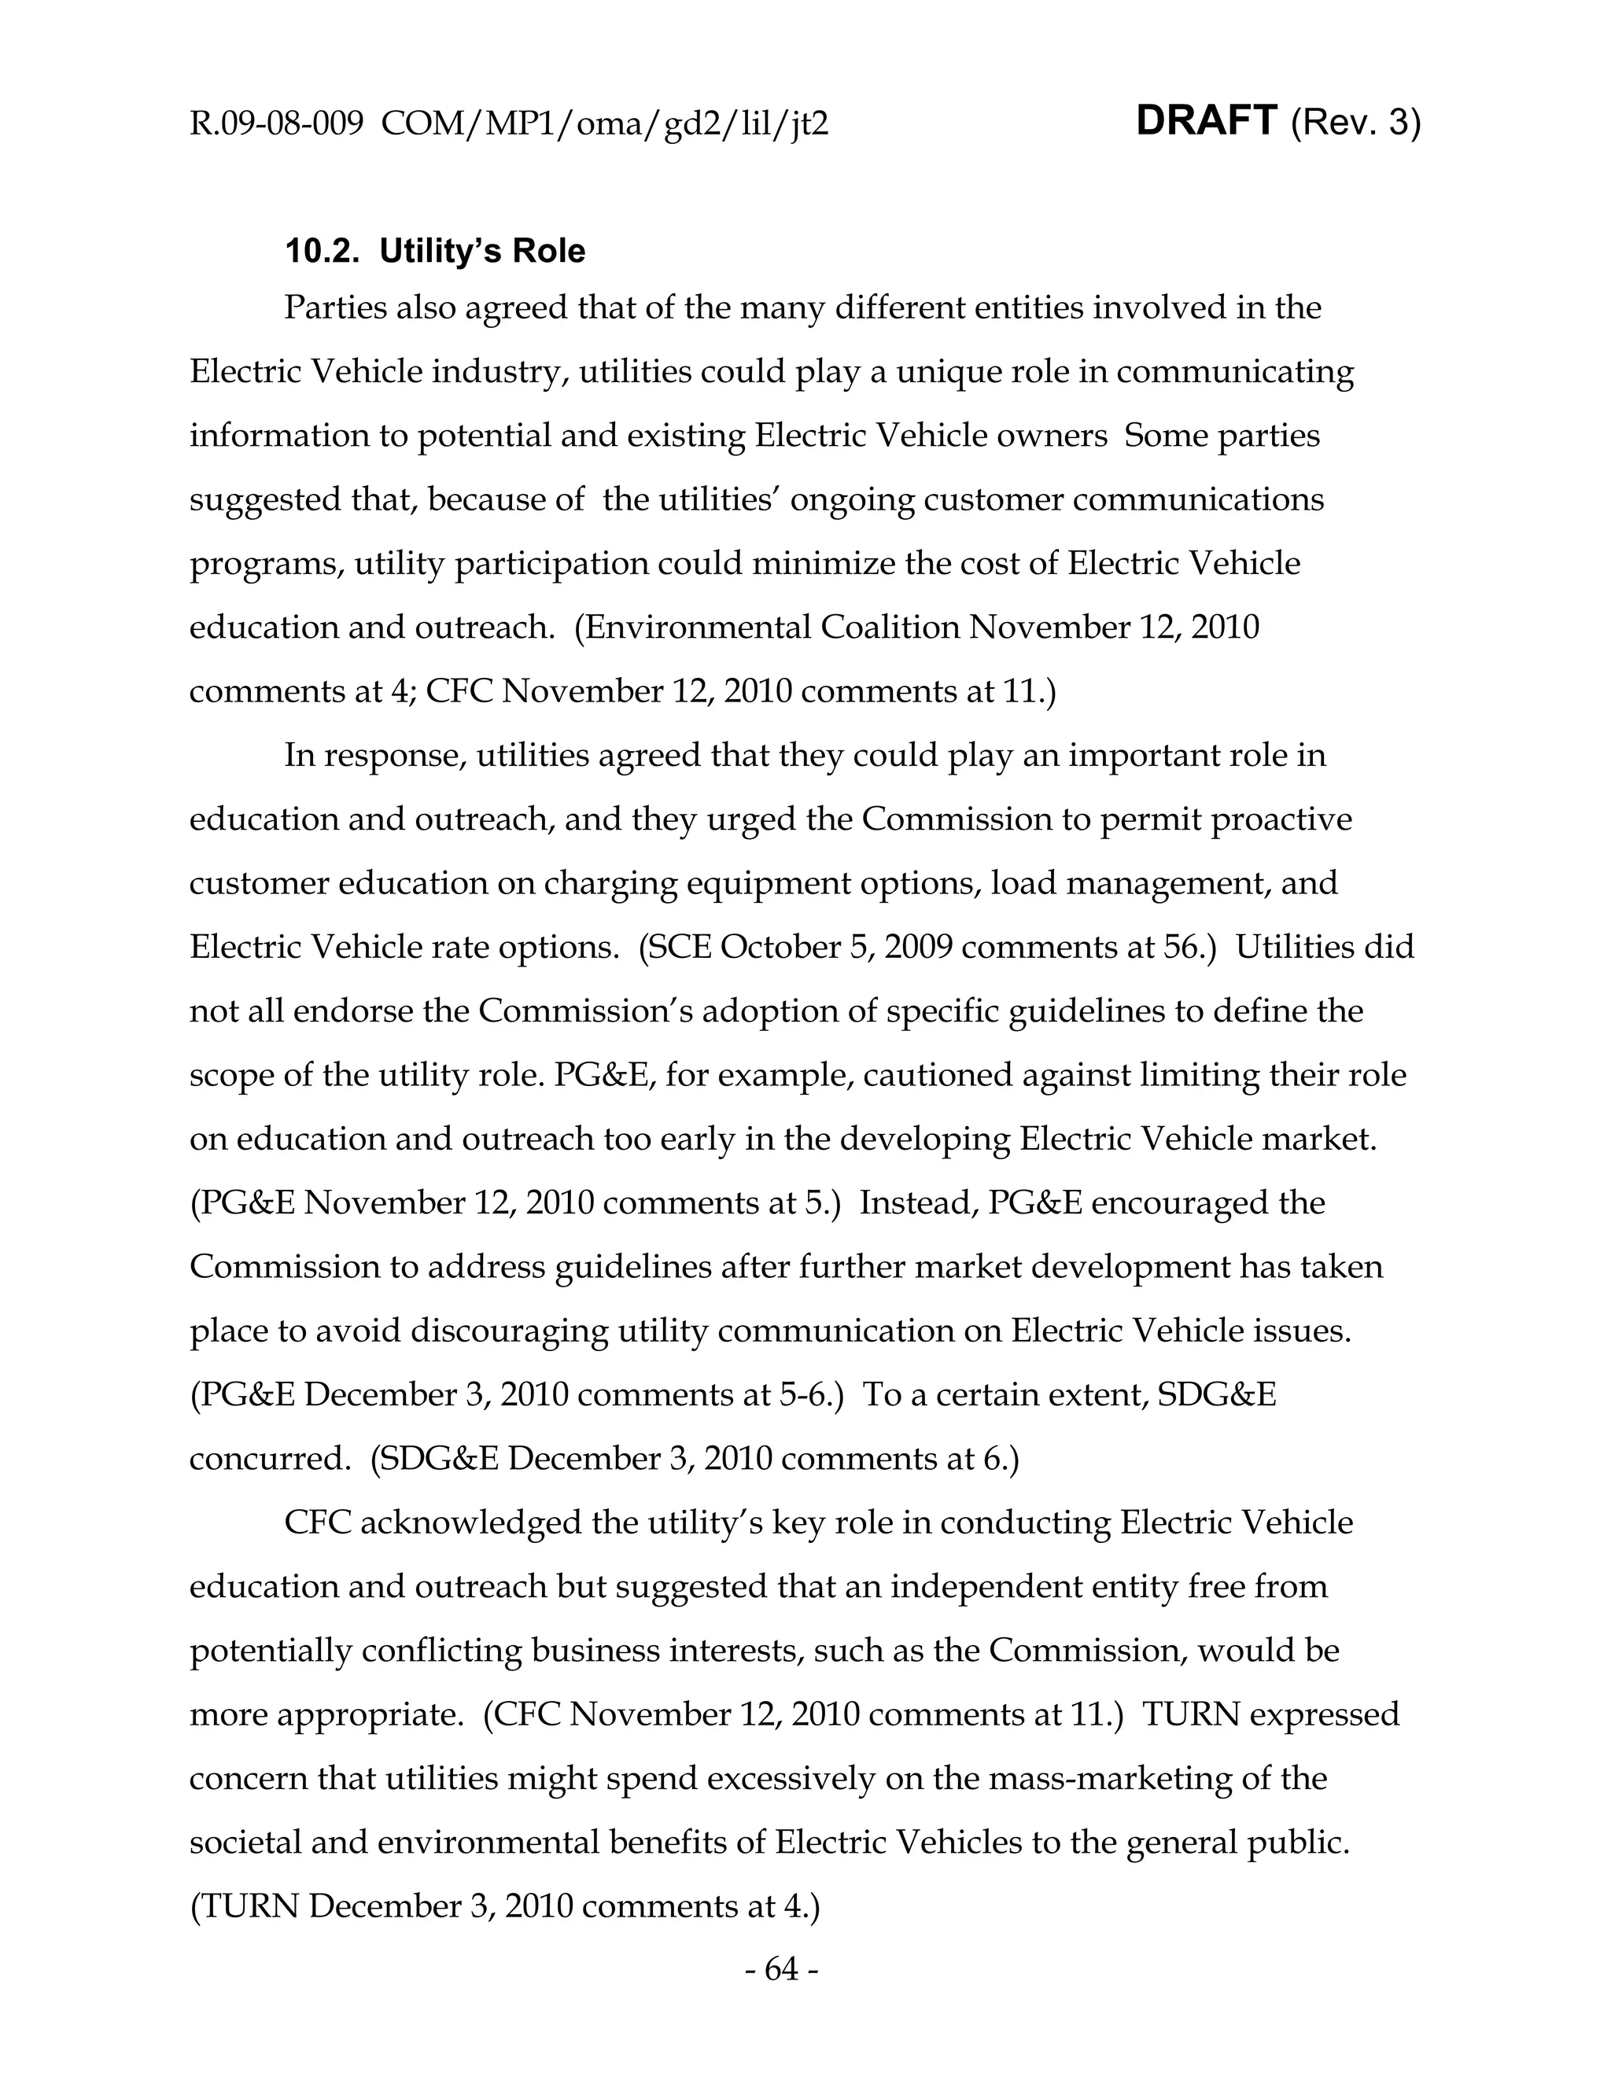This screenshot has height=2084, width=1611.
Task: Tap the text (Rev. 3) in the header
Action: point(1355,123)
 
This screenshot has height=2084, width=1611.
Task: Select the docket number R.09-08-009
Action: point(276,124)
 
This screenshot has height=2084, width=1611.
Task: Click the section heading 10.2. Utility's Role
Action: point(435,251)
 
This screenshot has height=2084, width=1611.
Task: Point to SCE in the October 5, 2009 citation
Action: point(680,947)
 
